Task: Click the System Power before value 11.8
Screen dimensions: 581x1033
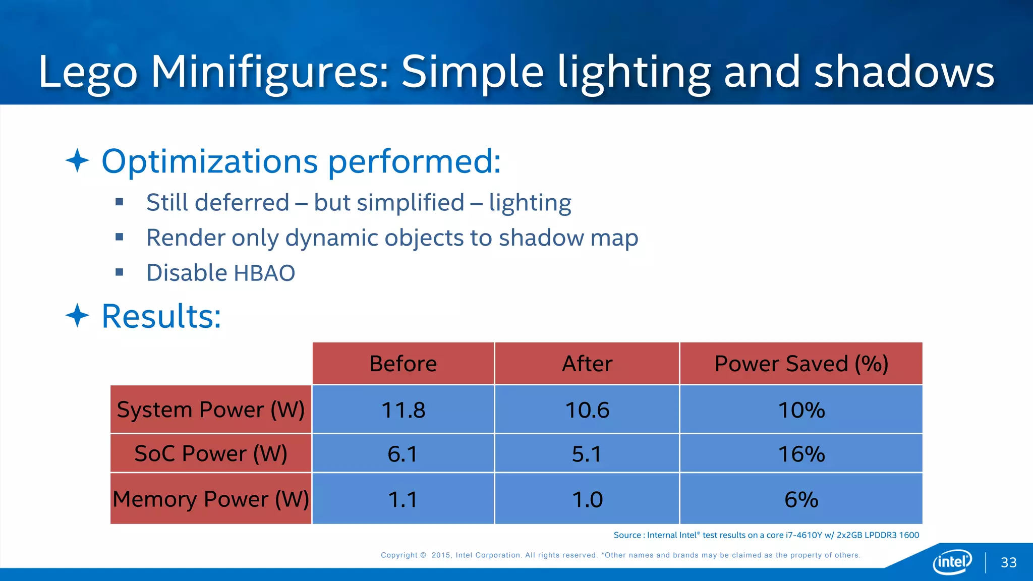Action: tap(403, 410)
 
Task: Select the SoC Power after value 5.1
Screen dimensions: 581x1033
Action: tap(587, 454)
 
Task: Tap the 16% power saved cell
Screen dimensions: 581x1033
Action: tap(801, 454)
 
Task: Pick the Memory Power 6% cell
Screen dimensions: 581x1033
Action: tap(801, 499)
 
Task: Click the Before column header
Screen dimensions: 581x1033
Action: tap(403, 364)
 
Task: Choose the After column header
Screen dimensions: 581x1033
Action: tap(587, 364)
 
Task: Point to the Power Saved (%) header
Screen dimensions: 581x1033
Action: tap(801, 364)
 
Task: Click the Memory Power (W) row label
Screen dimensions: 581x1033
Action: tap(211, 499)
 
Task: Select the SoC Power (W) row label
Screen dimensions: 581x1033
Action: tap(211, 453)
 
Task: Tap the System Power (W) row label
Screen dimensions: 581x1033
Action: tap(211, 410)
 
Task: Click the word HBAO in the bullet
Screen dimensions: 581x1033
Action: tap(264, 273)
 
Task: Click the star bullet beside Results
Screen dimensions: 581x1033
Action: tap(77, 316)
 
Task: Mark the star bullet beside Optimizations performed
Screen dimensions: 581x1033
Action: tap(77, 160)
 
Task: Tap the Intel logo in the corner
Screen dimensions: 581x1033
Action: tap(952, 561)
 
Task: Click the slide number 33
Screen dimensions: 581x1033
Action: tap(1008, 562)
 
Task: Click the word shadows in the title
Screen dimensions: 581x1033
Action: tap(904, 72)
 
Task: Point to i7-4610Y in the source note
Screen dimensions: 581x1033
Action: tap(804, 535)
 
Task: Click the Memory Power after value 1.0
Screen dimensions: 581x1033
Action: tap(587, 499)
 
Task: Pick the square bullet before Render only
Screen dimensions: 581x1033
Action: tap(120, 237)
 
